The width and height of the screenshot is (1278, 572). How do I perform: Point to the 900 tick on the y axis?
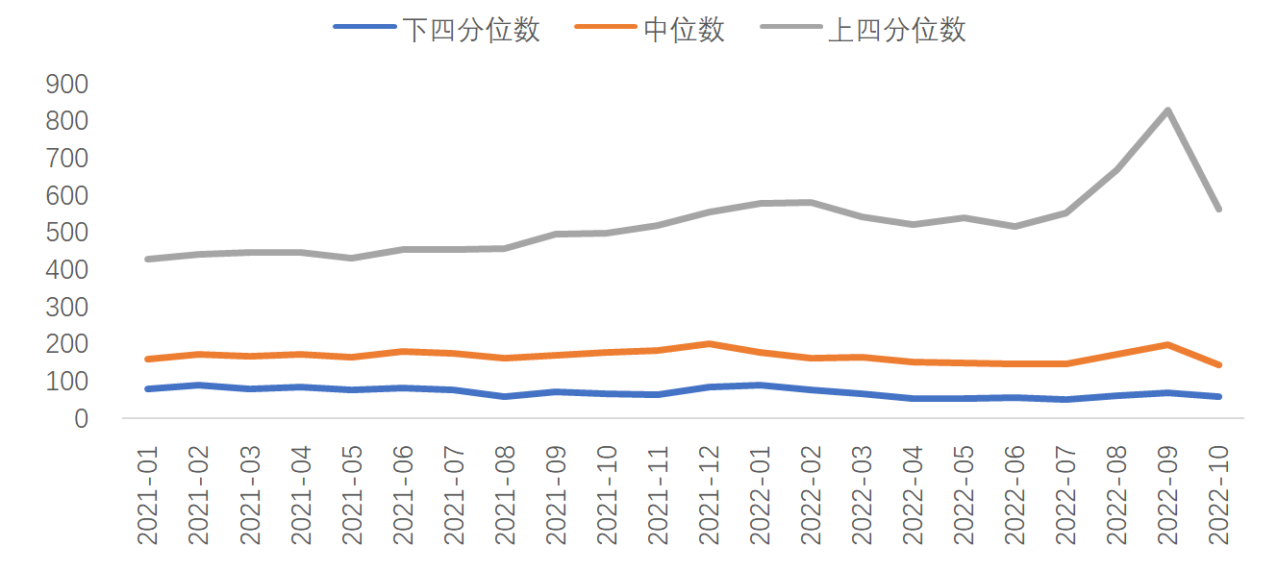click(x=66, y=85)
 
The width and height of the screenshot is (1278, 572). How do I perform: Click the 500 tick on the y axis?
click(x=66, y=234)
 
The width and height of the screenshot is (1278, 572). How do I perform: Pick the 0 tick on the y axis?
click(x=81, y=419)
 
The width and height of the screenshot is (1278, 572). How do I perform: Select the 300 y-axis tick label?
click(x=66, y=308)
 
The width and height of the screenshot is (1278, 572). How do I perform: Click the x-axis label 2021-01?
click(x=148, y=495)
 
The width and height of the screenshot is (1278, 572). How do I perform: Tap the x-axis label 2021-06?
click(x=403, y=495)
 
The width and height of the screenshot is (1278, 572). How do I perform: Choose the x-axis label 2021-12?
click(x=709, y=495)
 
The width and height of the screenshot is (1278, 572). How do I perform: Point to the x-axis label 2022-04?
click(x=913, y=495)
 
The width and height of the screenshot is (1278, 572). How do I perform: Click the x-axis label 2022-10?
click(x=1218, y=495)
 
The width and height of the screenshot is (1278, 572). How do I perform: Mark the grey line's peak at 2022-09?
click(x=1167, y=111)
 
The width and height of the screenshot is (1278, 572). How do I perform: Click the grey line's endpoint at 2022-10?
click(x=1218, y=209)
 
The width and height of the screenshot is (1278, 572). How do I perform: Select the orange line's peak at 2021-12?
click(x=709, y=343)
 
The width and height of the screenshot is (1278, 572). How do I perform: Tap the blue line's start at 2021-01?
click(x=148, y=388)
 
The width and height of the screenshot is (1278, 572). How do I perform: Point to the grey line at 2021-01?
click(x=148, y=259)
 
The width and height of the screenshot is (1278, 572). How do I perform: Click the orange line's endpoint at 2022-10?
click(x=1218, y=364)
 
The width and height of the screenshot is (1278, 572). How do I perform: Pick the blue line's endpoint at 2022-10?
click(x=1218, y=396)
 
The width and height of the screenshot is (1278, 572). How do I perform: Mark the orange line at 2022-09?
click(x=1167, y=344)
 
